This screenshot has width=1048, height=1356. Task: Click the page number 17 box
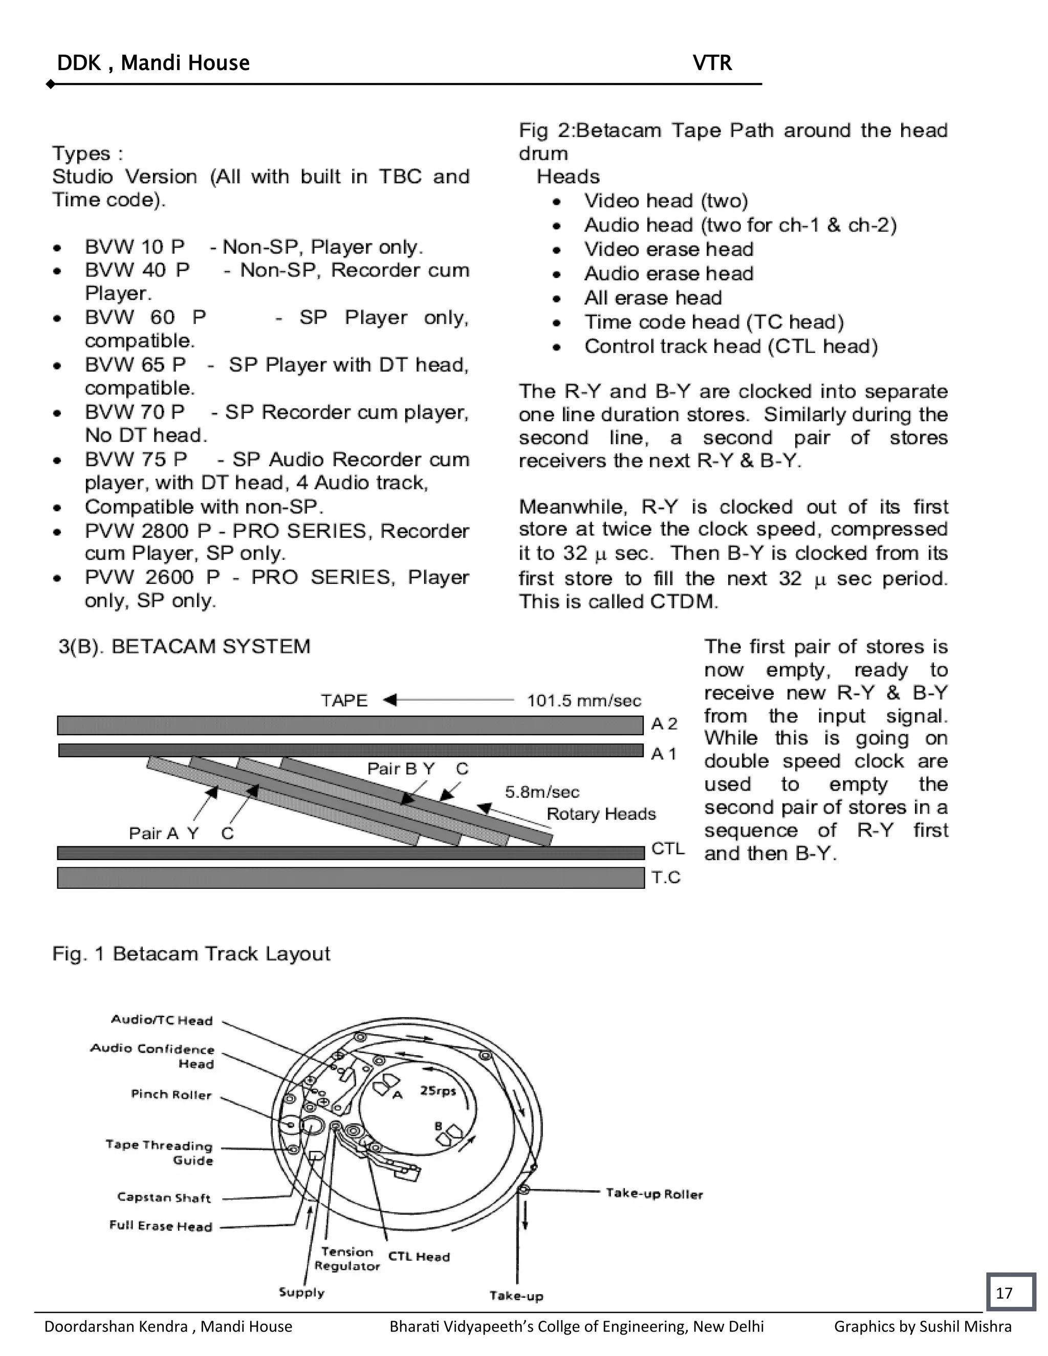coord(1011,1292)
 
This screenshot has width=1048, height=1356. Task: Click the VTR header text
coord(712,63)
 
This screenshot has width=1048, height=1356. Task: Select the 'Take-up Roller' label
coord(654,1194)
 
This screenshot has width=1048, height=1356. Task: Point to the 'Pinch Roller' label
coord(171,1094)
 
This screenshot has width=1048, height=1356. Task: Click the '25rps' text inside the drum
coord(439,1090)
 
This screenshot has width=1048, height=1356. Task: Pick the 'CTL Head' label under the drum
coord(419,1256)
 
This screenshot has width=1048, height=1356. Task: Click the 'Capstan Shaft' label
coord(164,1197)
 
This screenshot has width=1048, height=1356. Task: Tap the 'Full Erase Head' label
coord(161,1226)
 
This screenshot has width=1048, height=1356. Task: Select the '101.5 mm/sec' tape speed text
coord(583,701)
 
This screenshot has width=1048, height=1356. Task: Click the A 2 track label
coord(664,724)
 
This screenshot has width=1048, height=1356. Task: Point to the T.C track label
coord(666,877)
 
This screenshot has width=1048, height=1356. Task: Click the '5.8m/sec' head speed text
coord(542,792)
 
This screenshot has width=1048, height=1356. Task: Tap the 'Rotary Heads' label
coord(601,814)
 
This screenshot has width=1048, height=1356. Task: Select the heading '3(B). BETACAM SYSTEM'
coord(184,646)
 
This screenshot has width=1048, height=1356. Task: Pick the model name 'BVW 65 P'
coord(135,364)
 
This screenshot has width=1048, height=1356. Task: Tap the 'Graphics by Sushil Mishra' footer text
coord(923,1326)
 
